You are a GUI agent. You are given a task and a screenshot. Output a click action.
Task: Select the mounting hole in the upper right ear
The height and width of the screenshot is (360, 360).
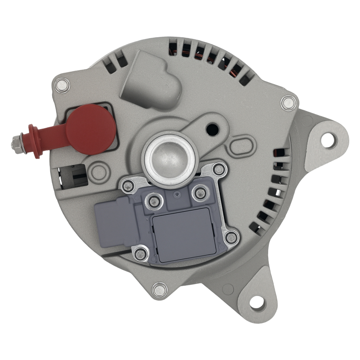(x=328, y=140)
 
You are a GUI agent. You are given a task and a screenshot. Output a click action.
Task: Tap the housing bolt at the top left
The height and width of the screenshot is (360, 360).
(x=62, y=85)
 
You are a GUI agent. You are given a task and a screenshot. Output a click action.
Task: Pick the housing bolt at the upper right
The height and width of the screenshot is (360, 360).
(x=289, y=103)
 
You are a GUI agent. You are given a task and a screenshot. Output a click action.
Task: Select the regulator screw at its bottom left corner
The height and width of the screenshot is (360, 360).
(x=140, y=254)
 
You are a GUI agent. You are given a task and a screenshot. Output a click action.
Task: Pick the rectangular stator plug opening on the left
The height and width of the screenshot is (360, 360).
(x=74, y=176)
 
